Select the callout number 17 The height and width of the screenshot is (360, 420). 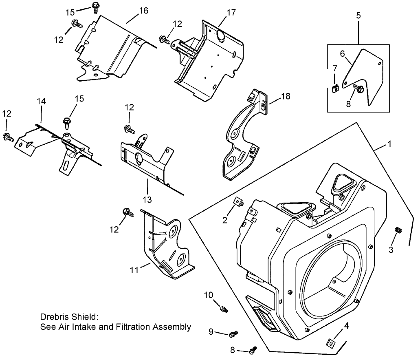click(231, 13)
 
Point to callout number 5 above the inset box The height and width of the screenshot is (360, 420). click(358, 16)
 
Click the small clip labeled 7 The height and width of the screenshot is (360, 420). click(335, 88)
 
